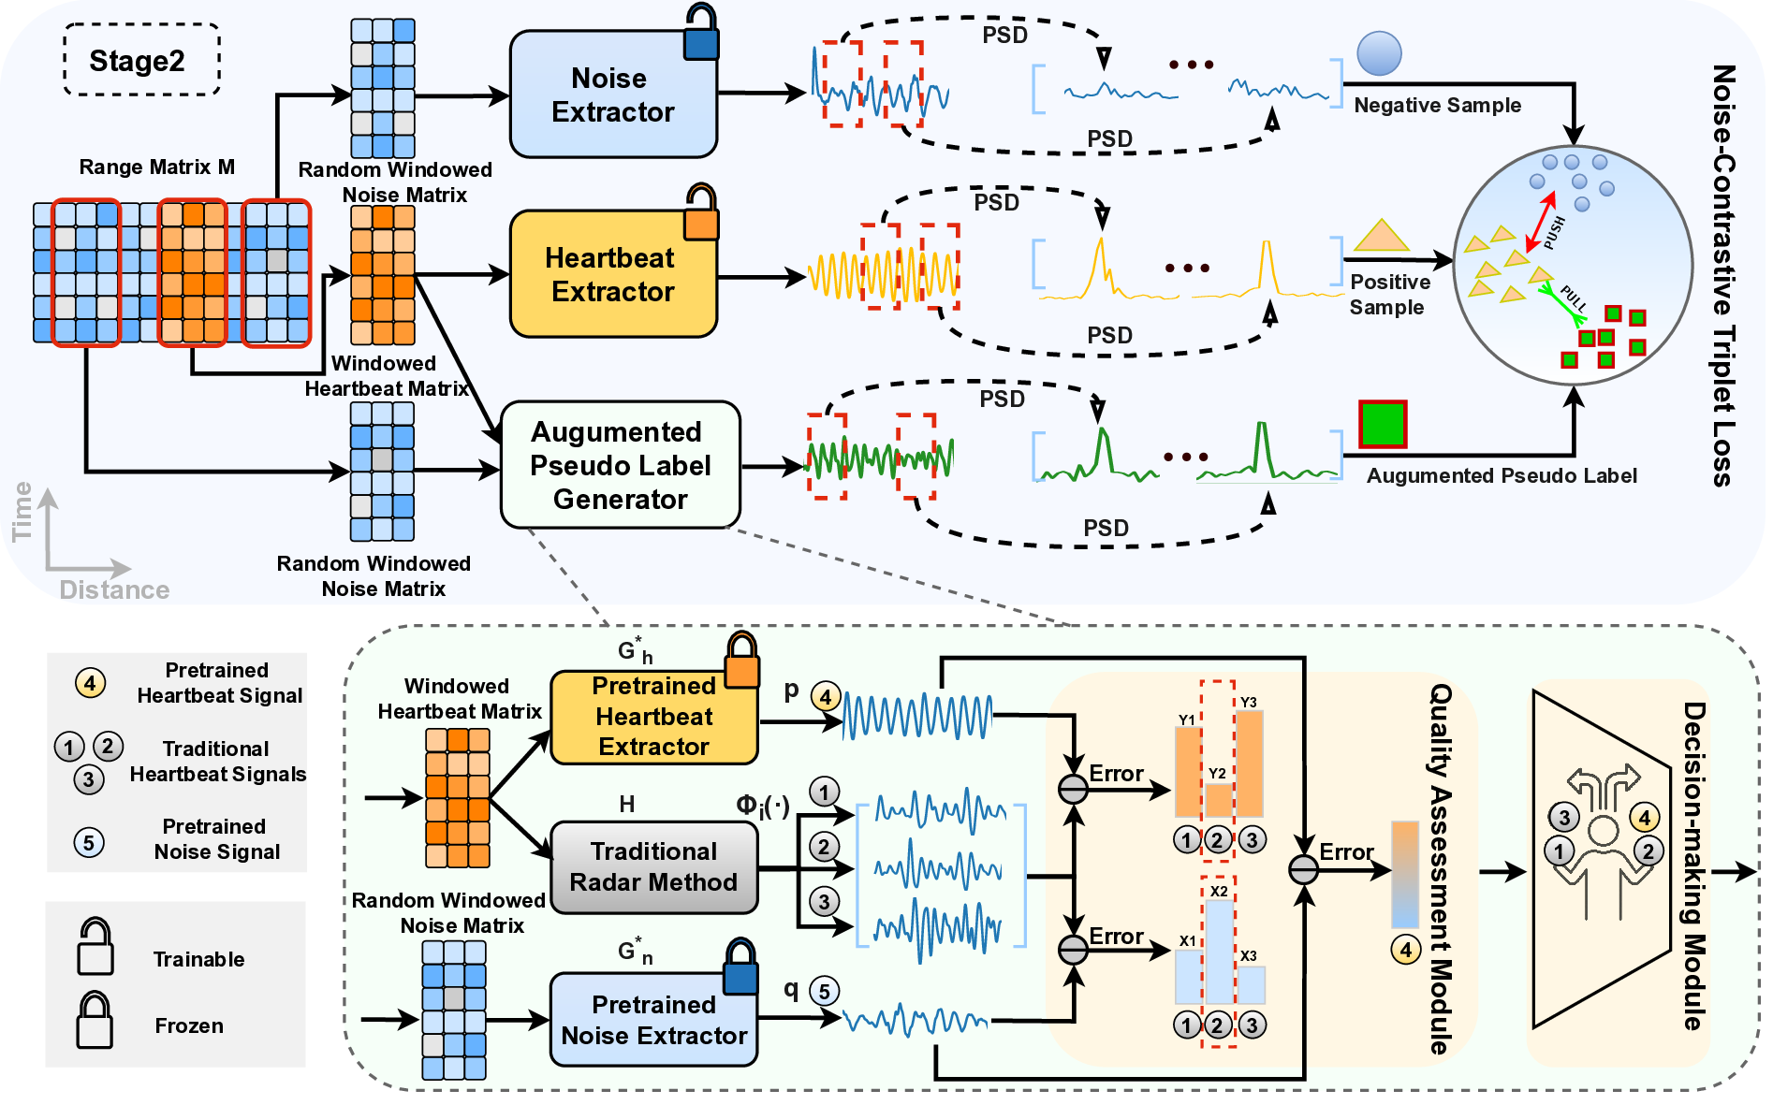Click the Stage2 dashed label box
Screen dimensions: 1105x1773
[141, 60]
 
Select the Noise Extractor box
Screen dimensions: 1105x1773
[613, 95]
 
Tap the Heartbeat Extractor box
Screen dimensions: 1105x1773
[613, 274]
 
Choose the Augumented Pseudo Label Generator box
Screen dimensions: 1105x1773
[620, 465]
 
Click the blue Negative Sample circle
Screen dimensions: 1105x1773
[1379, 53]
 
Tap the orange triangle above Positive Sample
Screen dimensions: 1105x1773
[1381, 237]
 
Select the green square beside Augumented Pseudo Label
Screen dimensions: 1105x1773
[1383, 424]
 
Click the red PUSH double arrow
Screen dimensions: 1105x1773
[1540, 222]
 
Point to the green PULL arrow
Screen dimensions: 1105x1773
[1561, 299]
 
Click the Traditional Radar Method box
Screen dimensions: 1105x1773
[653, 867]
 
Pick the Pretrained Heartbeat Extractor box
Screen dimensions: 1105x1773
[653, 717]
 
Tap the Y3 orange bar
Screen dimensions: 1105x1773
[1250, 763]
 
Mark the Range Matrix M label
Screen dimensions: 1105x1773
[156, 167]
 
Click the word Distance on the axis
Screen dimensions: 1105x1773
[114, 590]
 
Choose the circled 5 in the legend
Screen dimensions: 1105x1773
[89, 842]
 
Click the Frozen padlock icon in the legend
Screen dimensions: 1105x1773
[95, 1022]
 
